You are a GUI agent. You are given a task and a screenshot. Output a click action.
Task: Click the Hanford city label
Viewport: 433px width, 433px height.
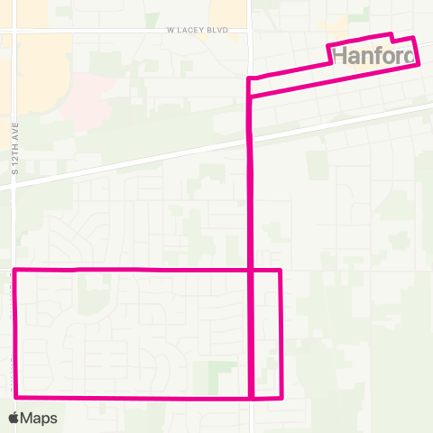coord(375,56)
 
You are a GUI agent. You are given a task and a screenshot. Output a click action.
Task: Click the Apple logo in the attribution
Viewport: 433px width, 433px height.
coord(15,418)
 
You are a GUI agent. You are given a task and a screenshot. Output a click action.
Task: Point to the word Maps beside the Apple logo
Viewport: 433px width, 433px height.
coord(40,418)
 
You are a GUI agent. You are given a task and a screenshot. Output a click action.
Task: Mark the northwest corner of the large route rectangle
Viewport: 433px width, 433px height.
coord(15,270)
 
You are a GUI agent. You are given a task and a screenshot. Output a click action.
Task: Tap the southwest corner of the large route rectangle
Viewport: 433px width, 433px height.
coord(15,396)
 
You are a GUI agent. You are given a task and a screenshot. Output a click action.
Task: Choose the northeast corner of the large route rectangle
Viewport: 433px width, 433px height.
coord(281,270)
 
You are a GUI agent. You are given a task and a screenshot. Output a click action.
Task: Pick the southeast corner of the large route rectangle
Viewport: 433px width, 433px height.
coord(282,397)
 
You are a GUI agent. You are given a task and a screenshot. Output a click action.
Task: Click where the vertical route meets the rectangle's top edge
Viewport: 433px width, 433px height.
coord(250,270)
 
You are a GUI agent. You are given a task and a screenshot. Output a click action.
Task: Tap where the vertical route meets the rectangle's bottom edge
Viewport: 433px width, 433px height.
coord(250,397)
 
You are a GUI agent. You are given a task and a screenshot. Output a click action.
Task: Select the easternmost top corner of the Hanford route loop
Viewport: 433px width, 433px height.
coord(413,38)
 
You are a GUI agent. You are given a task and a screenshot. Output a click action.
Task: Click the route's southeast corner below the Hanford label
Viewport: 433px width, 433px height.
coord(418,63)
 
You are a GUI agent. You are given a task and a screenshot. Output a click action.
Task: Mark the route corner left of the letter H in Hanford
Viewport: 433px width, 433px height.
coord(327,46)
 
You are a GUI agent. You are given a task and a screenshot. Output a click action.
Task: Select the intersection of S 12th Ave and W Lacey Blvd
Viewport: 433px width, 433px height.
coord(15,31)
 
